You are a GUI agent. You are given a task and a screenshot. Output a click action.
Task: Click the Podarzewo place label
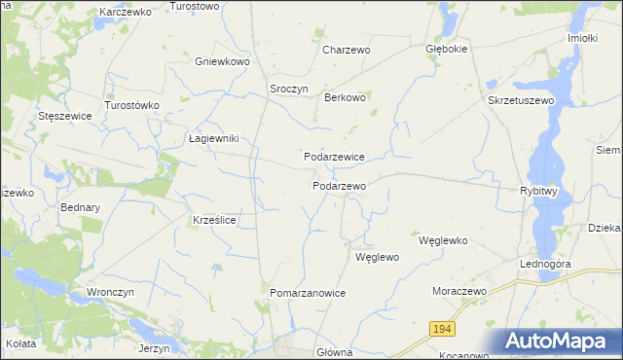(339, 186)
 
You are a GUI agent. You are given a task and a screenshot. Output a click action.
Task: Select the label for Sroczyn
(289, 89)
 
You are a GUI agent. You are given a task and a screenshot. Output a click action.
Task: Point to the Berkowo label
(345, 97)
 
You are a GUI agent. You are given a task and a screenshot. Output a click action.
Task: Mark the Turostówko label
(131, 104)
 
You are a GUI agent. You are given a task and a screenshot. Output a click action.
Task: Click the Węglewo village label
(378, 258)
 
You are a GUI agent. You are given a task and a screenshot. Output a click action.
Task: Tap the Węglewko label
(444, 240)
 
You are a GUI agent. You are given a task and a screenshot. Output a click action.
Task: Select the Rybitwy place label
(539, 192)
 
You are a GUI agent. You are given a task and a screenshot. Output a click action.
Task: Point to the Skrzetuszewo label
(521, 100)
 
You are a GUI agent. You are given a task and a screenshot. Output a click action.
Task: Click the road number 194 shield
(442, 331)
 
